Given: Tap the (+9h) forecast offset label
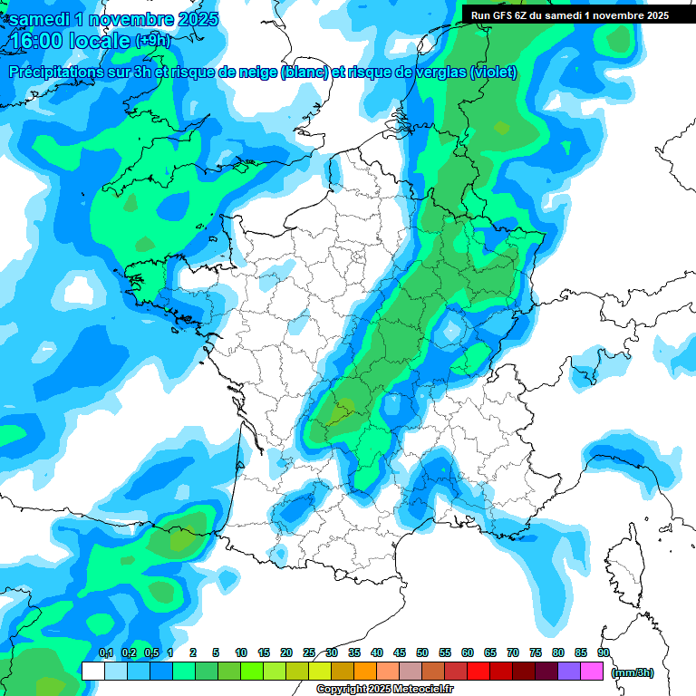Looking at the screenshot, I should (151, 40).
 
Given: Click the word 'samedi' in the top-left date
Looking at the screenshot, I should (42, 18).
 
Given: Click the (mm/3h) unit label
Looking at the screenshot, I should (633, 672).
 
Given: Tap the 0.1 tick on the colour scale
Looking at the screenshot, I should (105, 652).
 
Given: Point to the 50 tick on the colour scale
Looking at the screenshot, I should (422, 652).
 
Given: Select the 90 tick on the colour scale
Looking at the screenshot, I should (603, 652).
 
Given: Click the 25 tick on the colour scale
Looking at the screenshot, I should (309, 652).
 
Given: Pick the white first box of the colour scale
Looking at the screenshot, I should (92, 671).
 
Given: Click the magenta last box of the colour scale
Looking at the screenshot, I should (592, 671).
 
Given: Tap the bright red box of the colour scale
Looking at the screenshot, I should (478, 671).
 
